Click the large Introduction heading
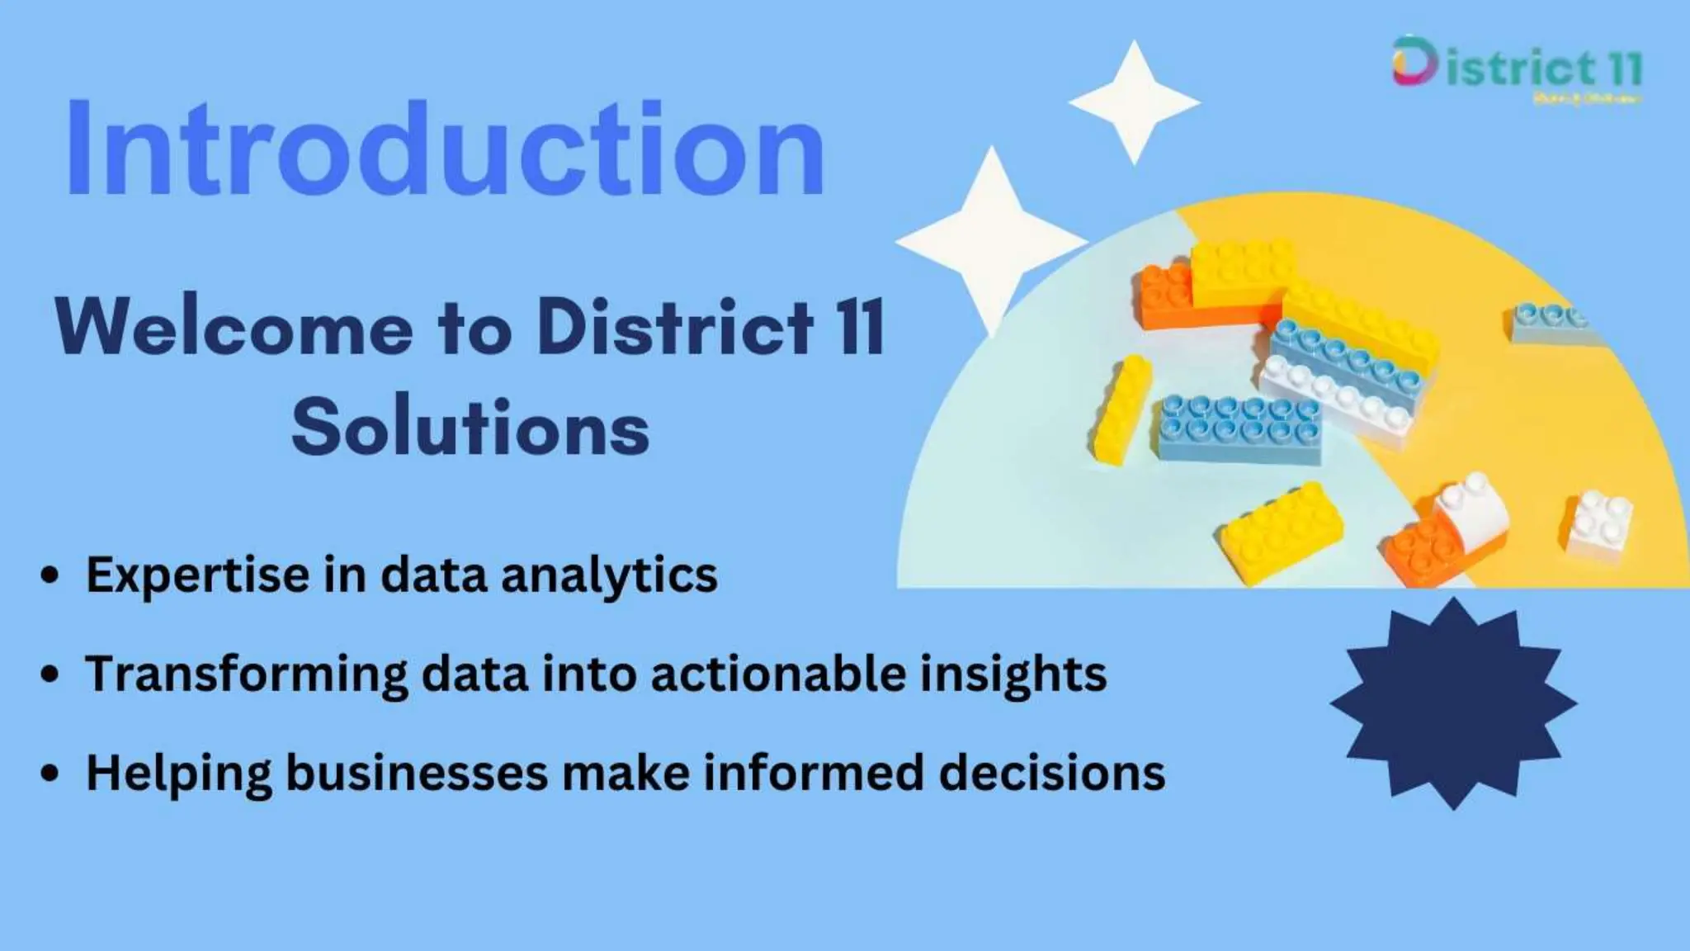point(446,149)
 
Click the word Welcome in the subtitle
point(234,327)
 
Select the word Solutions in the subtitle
point(470,428)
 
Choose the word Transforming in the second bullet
point(247,674)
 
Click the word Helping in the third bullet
point(178,773)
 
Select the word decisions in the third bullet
point(1052,773)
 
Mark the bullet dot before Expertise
point(50,575)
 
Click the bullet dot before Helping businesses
point(50,773)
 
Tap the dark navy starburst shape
point(1452,703)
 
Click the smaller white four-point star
point(1134,102)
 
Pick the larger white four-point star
point(991,239)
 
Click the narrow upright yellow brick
point(1121,408)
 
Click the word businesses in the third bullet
point(417,773)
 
